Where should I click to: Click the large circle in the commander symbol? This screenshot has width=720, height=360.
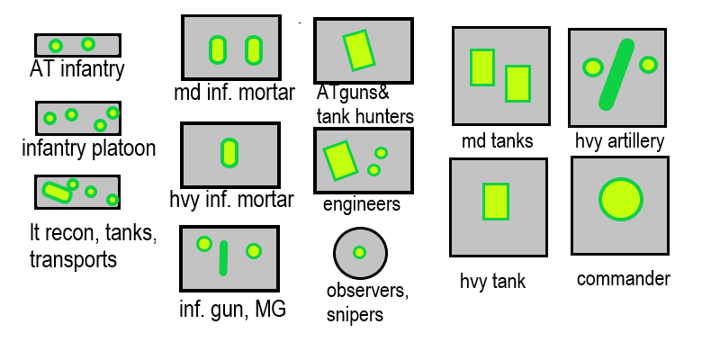click(621, 199)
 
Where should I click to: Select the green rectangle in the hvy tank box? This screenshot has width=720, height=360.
click(496, 202)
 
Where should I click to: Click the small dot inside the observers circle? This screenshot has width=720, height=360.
click(359, 252)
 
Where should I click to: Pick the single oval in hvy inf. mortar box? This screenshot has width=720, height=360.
click(229, 153)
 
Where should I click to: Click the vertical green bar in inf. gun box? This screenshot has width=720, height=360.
click(224, 257)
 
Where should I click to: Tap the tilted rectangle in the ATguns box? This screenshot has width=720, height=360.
click(358, 50)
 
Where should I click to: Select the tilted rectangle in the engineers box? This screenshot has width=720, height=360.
click(340, 160)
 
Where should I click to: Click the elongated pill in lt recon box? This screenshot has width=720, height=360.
click(57, 191)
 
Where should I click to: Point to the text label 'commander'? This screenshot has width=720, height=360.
click(623, 279)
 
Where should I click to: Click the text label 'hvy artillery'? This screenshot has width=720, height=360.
click(619, 141)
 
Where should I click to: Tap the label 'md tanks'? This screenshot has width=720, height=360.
click(497, 141)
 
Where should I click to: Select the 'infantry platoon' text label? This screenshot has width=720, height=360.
click(88, 148)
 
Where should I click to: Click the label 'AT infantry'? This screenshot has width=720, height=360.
click(76, 69)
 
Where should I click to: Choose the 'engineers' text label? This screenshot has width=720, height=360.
click(361, 205)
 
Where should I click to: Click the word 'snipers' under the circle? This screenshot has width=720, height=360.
click(355, 314)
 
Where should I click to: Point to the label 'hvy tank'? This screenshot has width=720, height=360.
click(492, 282)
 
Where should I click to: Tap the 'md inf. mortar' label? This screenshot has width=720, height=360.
click(235, 93)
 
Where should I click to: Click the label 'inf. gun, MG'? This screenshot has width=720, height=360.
click(232, 310)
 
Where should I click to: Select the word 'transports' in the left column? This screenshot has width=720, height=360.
click(73, 259)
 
